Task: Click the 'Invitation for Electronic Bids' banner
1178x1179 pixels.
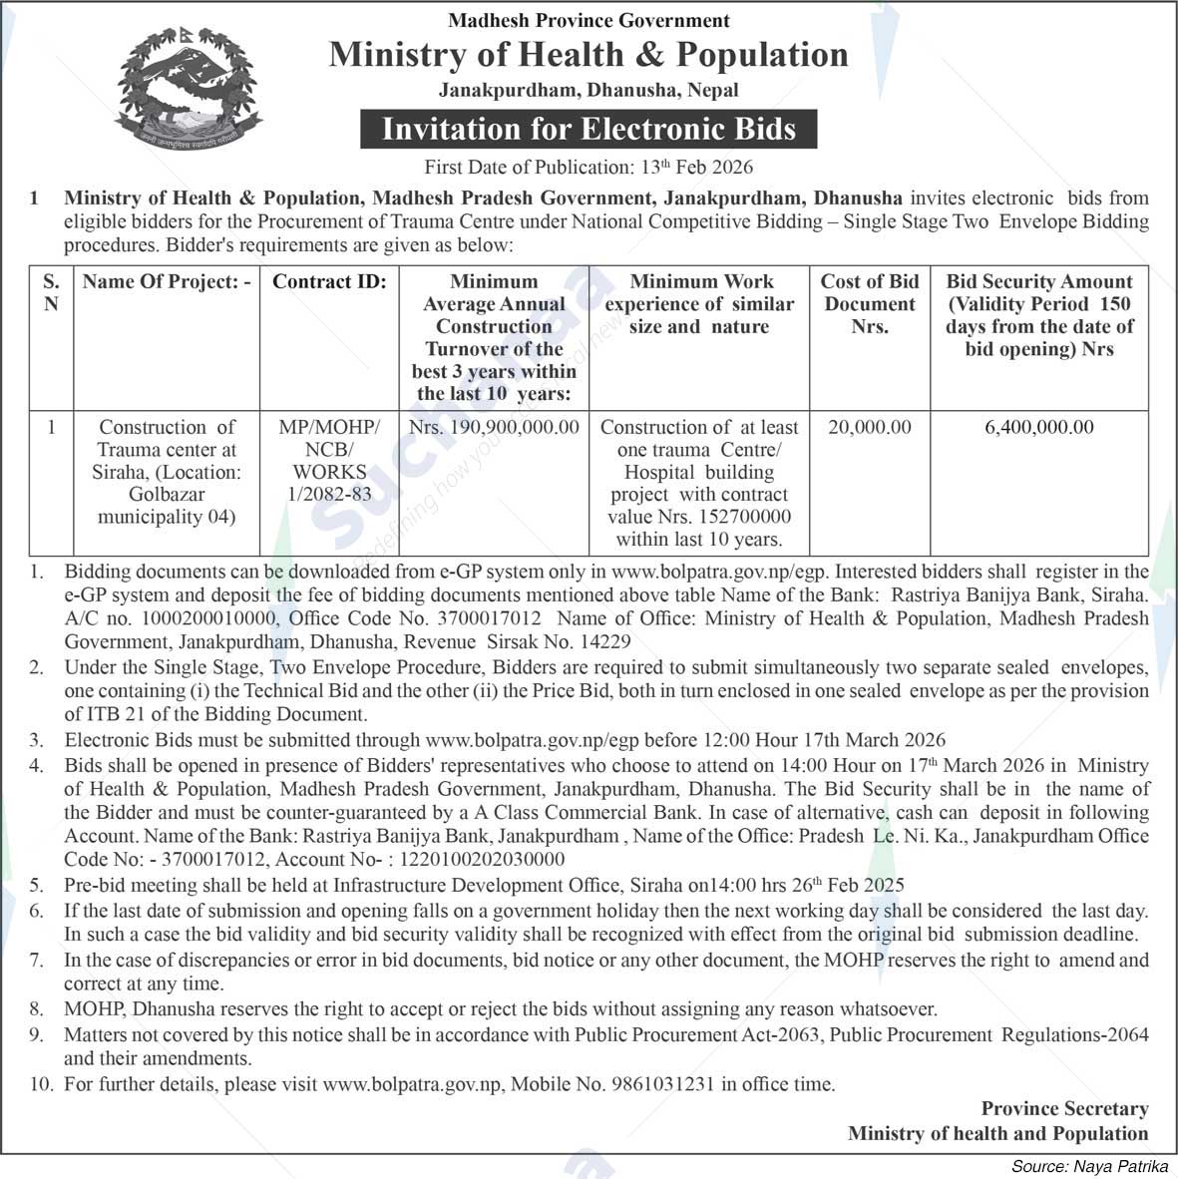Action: click(589, 130)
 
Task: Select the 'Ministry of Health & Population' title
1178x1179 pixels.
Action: click(589, 54)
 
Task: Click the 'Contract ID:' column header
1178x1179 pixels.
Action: click(329, 282)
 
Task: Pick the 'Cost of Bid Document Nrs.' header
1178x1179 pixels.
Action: click(870, 303)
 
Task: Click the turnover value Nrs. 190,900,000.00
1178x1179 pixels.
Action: click(494, 427)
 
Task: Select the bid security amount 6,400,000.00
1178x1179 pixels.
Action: click(1038, 427)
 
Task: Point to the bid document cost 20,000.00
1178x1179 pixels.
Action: click(870, 427)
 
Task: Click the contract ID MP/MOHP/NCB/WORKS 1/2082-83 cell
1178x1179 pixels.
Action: click(329, 460)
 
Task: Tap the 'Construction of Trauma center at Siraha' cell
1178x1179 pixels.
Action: click(167, 472)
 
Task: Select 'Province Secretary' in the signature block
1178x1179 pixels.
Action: click(1064, 1109)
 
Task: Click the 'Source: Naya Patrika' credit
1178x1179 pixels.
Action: click(1090, 1166)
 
